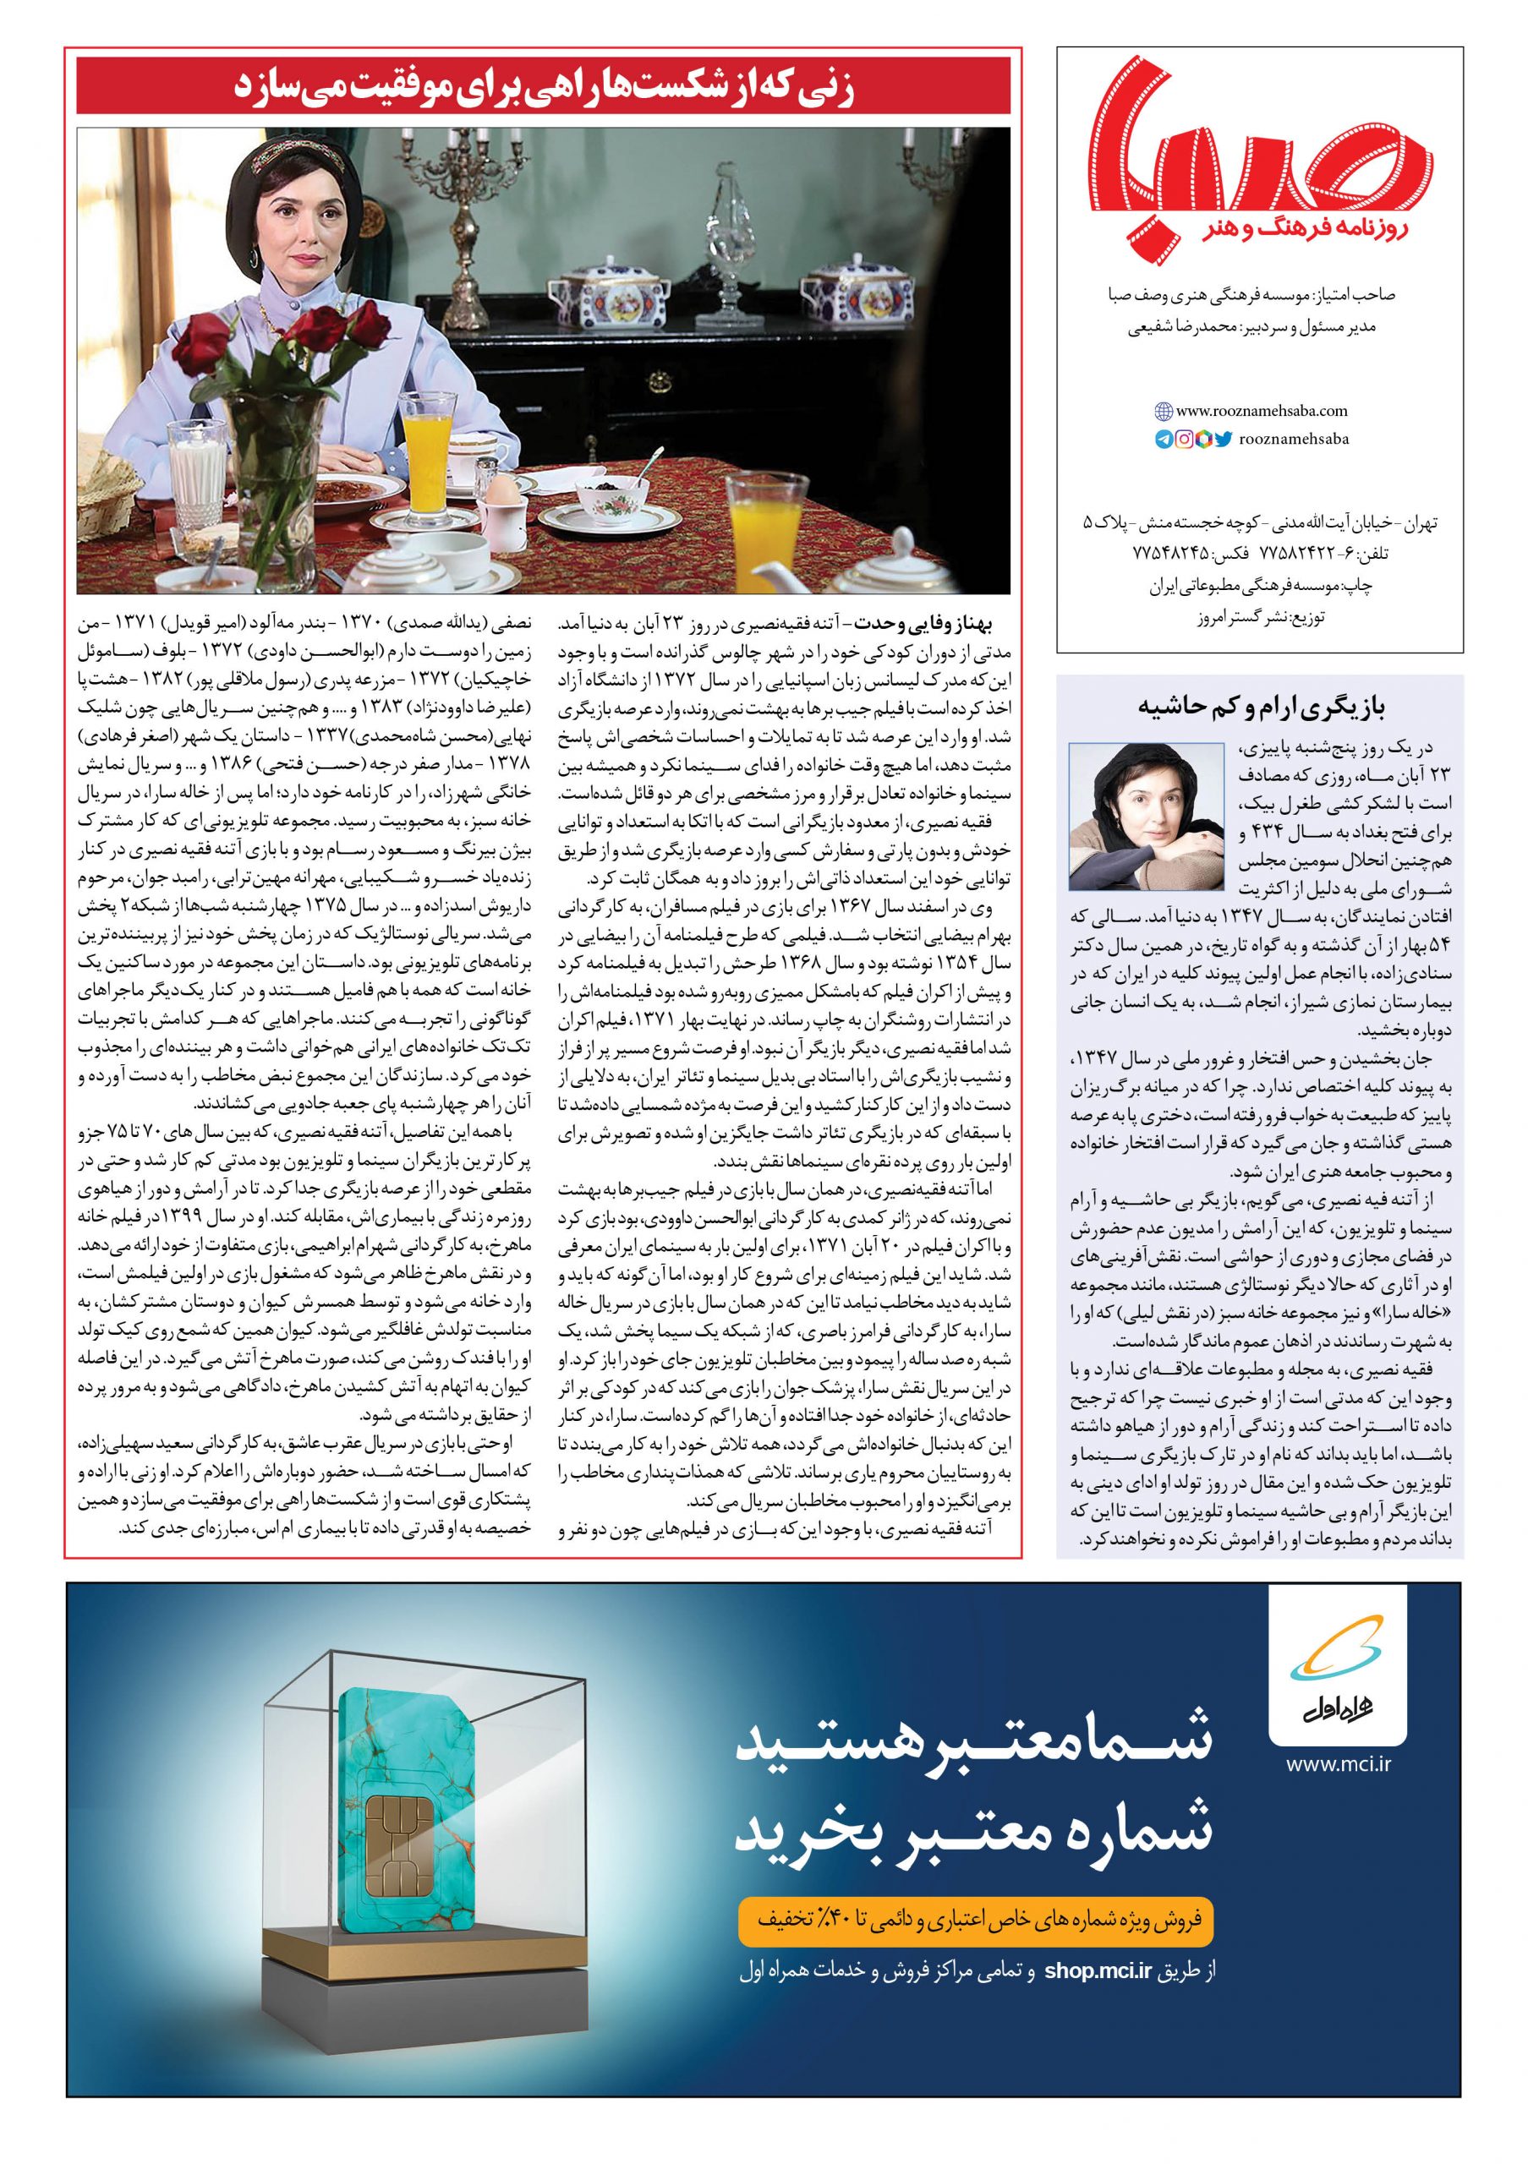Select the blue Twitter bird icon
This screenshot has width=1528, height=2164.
pyautogui.click(x=1223, y=438)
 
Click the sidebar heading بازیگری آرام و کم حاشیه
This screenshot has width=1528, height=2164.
pyautogui.click(x=1260, y=706)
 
